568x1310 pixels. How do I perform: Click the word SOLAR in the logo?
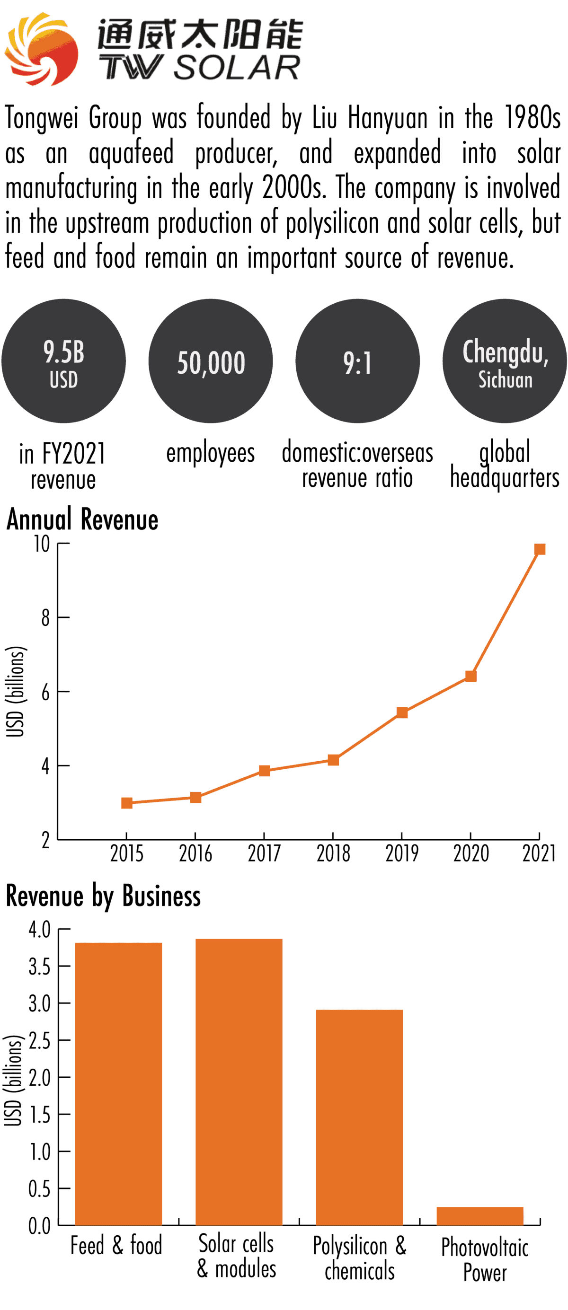237,68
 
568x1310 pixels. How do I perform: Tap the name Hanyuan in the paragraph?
387,118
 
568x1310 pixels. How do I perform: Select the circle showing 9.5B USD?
63,361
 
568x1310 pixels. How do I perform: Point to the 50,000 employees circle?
211,361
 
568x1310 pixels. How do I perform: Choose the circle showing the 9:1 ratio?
357,361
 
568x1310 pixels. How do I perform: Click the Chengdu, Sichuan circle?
505,361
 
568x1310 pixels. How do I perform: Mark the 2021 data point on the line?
540,549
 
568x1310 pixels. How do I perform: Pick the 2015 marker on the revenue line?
127,803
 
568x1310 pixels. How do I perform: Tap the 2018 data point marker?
333,760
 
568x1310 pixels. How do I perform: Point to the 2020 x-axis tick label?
471,853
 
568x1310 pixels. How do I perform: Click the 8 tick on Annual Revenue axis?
46,618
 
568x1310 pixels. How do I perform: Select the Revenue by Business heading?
103,896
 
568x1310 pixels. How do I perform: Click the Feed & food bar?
119,1083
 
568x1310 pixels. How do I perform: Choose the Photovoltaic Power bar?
479,1216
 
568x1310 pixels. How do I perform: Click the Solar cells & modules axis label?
237,1256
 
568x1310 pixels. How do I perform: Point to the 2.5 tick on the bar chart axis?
39,1040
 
